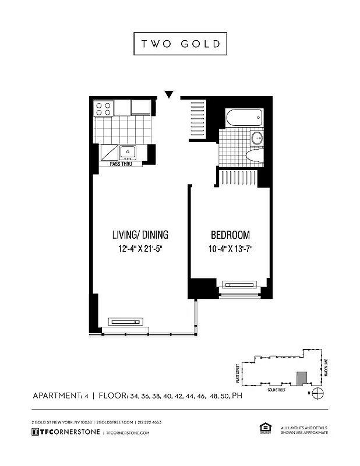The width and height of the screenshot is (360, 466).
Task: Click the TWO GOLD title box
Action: coord(180,44)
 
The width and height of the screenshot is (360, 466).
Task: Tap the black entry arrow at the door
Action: coord(170,94)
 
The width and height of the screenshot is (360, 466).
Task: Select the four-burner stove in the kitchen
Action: coord(104,108)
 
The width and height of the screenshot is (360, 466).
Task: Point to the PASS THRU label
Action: coord(123,165)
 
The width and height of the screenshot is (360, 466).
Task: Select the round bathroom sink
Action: coord(256,139)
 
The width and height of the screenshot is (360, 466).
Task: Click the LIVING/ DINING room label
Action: coord(140,235)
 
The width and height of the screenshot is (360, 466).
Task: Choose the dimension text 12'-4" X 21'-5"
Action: coord(140,250)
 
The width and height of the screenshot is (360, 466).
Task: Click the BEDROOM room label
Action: coord(230,235)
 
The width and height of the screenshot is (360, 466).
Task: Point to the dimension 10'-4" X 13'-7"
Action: coord(230,250)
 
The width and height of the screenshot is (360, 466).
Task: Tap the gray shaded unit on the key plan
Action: coord(301,379)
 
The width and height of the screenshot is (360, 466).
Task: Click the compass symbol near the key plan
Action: coord(317,393)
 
